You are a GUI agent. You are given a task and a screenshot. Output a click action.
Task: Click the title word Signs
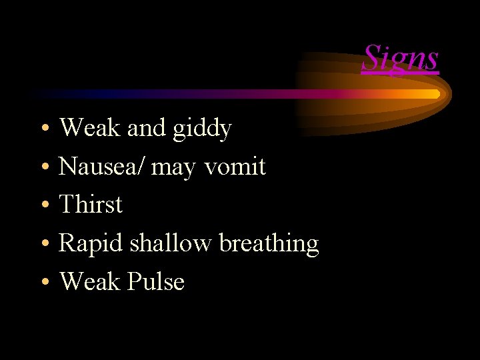(x=401, y=58)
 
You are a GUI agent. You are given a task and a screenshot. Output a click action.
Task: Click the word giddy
(x=202, y=128)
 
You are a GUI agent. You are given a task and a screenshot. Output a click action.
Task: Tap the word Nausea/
(x=102, y=166)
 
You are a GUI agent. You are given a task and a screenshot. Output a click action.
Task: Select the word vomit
(x=235, y=166)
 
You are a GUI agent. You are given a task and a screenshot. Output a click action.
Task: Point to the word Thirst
(x=91, y=204)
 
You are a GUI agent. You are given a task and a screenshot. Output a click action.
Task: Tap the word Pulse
(x=155, y=281)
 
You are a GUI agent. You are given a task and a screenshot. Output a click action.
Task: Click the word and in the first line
(x=146, y=128)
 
